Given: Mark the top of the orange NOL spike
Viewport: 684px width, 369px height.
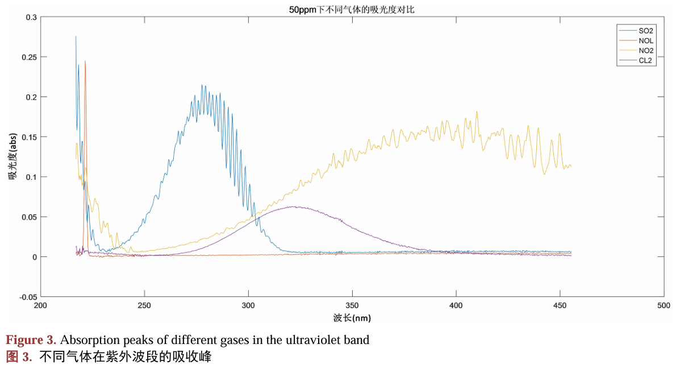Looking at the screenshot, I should (85, 61).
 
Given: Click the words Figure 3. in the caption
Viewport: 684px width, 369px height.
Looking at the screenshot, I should (31, 341).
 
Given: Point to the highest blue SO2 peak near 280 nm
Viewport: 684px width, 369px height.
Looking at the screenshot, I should (202, 85).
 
